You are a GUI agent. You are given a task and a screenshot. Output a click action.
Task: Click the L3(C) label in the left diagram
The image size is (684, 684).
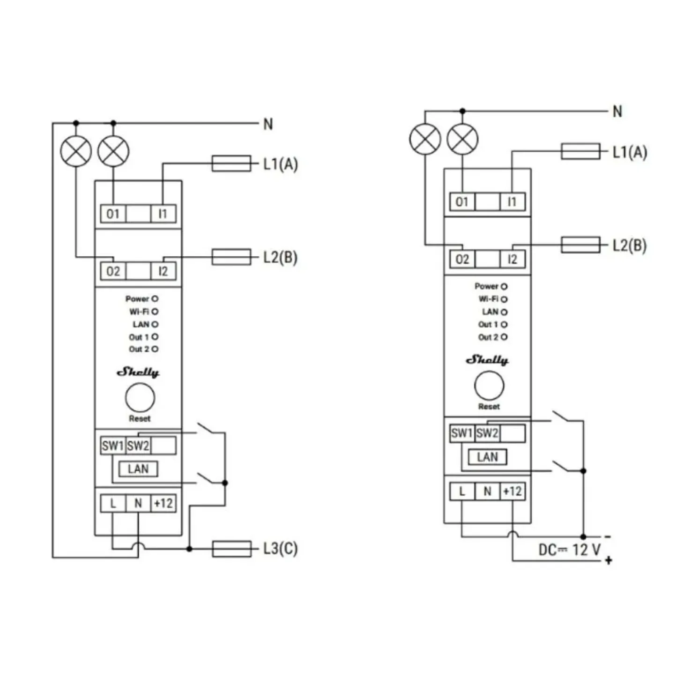(x=281, y=549)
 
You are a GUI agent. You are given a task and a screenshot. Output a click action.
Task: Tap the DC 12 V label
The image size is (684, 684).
(x=569, y=550)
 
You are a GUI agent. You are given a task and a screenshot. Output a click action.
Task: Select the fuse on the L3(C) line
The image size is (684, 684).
(x=231, y=549)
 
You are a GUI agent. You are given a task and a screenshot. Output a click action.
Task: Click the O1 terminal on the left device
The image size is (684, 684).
(x=113, y=214)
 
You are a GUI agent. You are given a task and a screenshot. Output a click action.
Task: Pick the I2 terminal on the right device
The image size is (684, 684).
(x=512, y=259)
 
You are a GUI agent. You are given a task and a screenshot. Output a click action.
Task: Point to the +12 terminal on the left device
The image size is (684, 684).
(x=164, y=503)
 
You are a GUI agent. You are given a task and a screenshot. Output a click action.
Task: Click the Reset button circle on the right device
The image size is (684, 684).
(x=489, y=386)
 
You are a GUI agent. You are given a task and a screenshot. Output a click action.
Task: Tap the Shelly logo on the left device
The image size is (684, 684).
(x=138, y=372)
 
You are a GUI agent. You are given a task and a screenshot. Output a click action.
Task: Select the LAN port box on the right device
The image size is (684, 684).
(x=487, y=457)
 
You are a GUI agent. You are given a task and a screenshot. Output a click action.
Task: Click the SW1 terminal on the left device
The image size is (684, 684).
(x=113, y=446)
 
